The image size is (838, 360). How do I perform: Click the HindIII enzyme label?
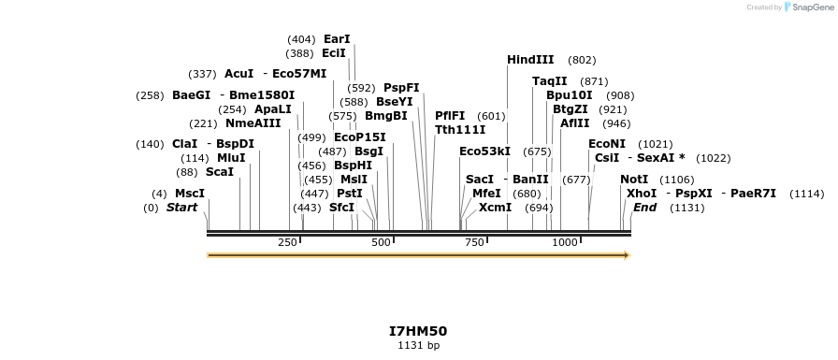(x=530, y=60)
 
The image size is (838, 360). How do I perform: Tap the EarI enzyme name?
(x=337, y=39)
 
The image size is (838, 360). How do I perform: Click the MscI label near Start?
(x=190, y=194)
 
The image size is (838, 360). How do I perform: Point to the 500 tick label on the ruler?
(x=381, y=243)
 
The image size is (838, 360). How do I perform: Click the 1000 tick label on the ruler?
(x=564, y=243)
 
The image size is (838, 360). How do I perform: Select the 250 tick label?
(x=287, y=243)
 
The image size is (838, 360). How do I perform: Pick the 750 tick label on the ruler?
(x=474, y=243)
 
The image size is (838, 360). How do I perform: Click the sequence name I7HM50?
(x=418, y=331)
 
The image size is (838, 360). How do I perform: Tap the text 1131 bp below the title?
(x=418, y=346)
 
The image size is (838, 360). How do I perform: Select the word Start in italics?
(x=181, y=208)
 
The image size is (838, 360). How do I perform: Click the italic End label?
(x=645, y=208)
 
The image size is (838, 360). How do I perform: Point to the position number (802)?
(x=582, y=60)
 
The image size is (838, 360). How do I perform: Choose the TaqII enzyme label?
(x=550, y=81)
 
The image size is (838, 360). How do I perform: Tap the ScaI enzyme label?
(x=220, y=172)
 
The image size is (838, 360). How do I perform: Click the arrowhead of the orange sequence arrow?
(x=627, y=254)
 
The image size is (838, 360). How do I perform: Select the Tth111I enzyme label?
(x=460, y=130)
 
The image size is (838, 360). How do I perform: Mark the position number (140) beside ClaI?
(x=150, y=144)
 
